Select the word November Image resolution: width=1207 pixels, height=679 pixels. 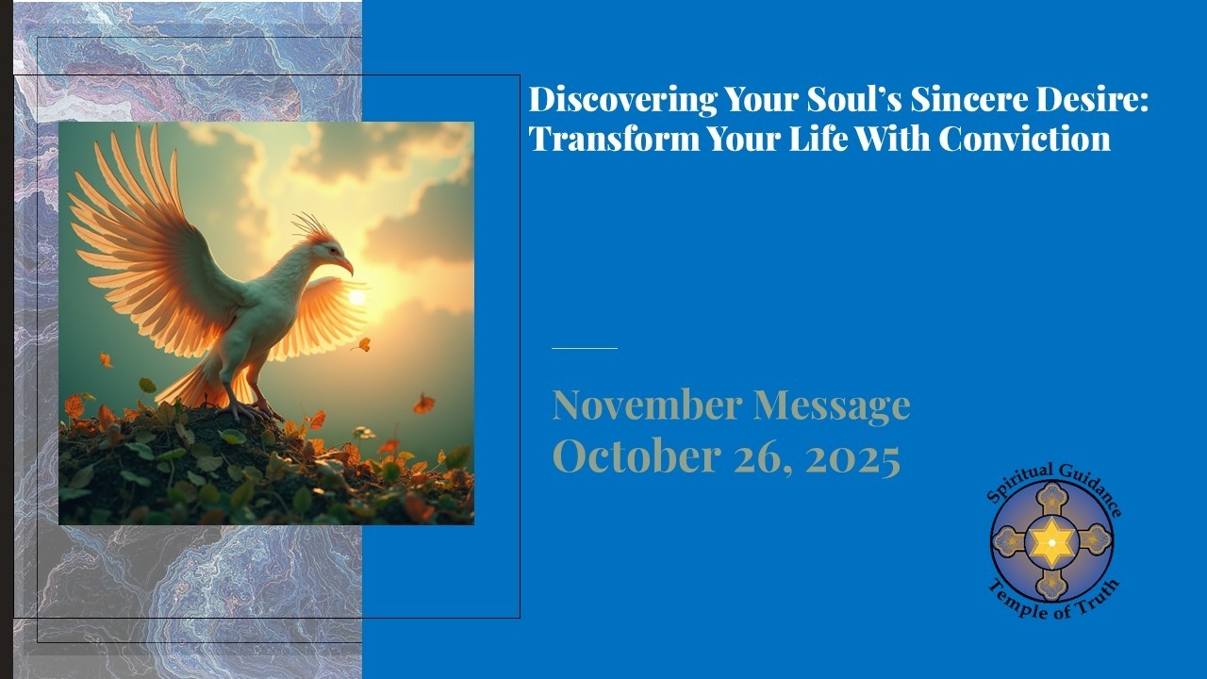pos(647,406)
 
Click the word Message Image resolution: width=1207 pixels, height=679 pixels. pos(831,406)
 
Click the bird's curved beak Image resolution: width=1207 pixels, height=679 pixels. pos(346,266)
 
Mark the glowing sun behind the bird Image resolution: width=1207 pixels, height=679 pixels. pos(356,297)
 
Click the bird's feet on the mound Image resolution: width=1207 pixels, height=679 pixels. pos(251,409)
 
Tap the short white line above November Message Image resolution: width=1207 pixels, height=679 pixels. pos(584,348)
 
